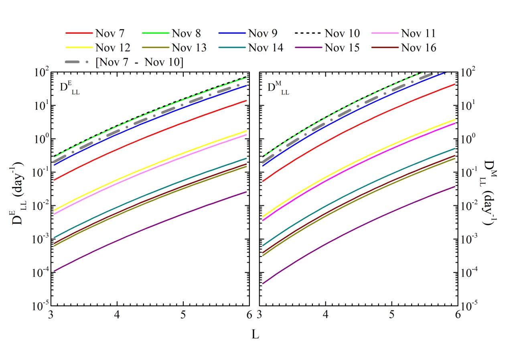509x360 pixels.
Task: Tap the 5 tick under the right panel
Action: pyautogui.click(x=391, y=315)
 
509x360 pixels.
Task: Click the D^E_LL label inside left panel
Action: pyautogui.click(x=71, y=89)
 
